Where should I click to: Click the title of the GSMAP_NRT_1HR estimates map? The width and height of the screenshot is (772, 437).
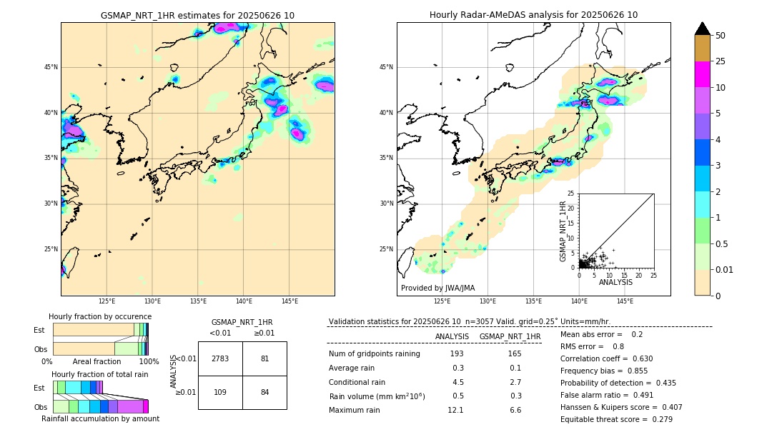coord(197,15)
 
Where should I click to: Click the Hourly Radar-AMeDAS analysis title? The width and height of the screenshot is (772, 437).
coord(533,15)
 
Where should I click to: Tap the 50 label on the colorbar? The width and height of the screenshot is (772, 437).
coord(721,35)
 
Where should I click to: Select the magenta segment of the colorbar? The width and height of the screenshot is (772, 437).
coord(703,74)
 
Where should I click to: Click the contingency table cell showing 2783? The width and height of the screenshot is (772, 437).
coord(220,358)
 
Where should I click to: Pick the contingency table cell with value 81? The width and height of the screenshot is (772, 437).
coord(264,358)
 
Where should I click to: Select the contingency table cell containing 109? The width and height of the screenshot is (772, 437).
coord(220,392)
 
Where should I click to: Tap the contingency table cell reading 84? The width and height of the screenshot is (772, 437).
coord(264,392)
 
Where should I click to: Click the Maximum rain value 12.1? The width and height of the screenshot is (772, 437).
coord(455,410)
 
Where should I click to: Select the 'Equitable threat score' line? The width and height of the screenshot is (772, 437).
coord(616,419)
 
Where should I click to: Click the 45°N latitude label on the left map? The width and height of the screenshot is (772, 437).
coord(51,67)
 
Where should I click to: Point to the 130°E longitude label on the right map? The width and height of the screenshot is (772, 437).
coord(488,301)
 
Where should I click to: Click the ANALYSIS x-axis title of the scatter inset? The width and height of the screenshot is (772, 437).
coord(615,282)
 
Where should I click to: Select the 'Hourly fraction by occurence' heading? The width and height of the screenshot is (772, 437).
coord(100,316)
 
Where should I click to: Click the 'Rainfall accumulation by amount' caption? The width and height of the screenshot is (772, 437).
coord(100,419)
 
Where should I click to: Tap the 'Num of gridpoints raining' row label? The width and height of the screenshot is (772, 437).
coord(375,354)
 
